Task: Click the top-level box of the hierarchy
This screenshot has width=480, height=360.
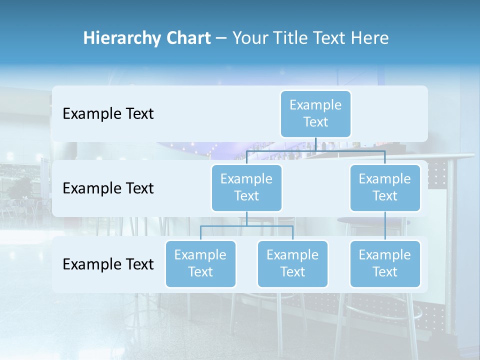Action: pos(315,113)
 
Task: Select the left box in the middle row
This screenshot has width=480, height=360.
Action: pos(246,187)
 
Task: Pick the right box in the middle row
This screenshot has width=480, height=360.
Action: pos(385,187)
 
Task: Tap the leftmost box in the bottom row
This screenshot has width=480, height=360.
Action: pos(200,263)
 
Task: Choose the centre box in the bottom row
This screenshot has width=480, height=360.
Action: pos(292,263)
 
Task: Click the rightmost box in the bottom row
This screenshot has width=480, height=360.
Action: pos(385,263)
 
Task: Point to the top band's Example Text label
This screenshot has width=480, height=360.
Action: pos(108,114)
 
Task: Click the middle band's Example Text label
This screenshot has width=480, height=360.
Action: pos(108,188)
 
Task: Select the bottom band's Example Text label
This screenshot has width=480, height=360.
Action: pos(108,264)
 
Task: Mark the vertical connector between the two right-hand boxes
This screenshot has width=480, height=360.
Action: pos(385,225)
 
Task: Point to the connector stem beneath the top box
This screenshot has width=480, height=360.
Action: pos(315,144)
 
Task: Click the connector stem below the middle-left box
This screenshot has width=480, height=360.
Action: pos(246,218)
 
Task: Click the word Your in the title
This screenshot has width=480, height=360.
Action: pos(249,38)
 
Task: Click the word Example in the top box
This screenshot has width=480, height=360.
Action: pos(315,105)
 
